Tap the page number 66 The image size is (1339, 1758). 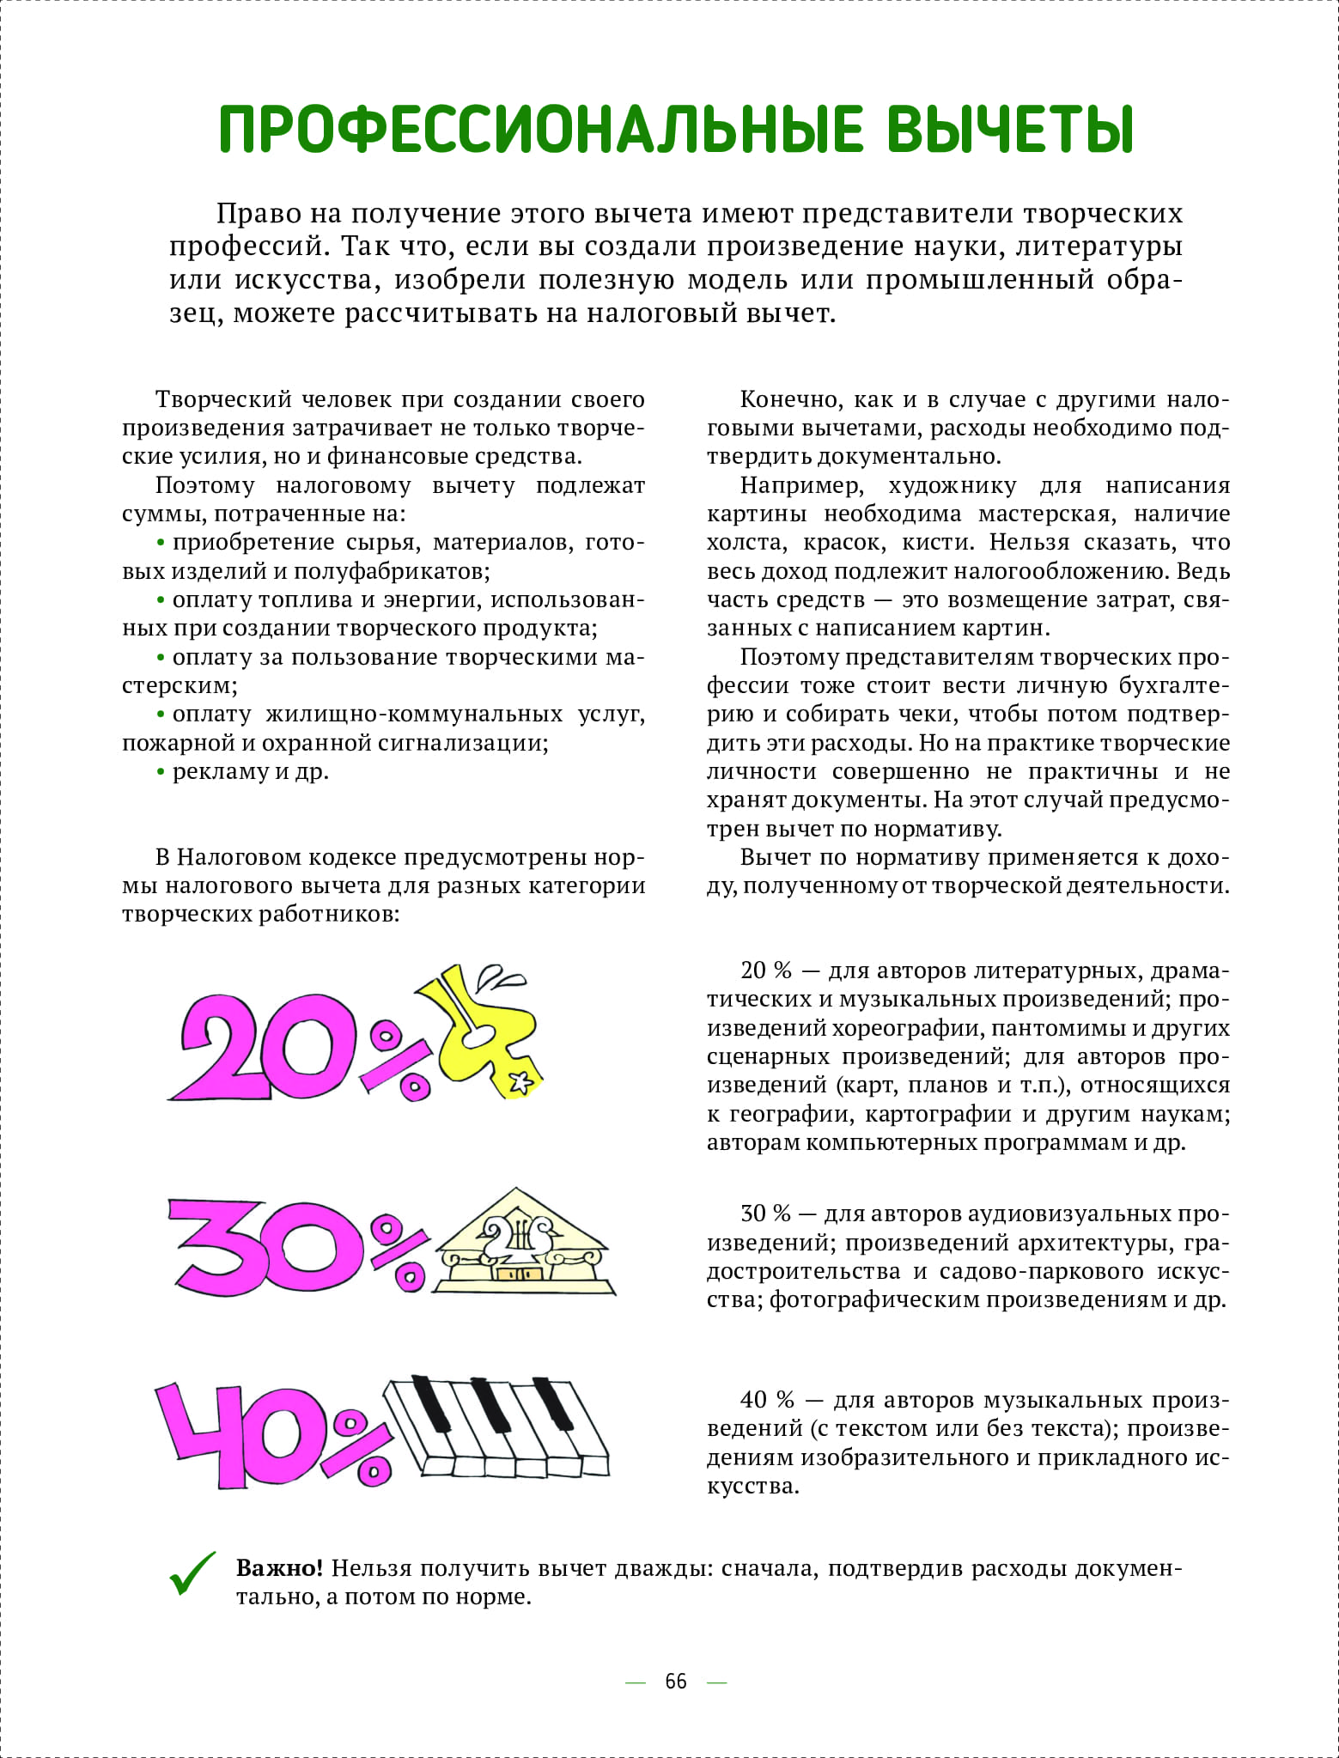tap(676, 1681)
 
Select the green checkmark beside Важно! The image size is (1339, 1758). tap(192, 1574)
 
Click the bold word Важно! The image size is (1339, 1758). tap(279, 1568)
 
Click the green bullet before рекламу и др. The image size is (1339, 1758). tap(161, 772)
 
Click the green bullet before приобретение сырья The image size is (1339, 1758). tap(161, 543)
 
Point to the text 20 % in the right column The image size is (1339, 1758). tap(765, 970)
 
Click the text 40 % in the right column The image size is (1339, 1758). tap(767, 1400)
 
